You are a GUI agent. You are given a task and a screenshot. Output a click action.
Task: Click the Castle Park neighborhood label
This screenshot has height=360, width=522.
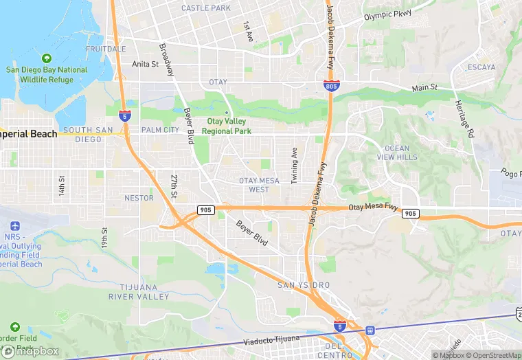205,8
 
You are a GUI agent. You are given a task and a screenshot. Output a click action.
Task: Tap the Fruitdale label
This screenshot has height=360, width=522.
106,49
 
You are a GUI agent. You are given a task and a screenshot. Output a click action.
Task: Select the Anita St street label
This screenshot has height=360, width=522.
145,65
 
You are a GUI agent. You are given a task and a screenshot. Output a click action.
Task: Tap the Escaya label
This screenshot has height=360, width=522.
481,67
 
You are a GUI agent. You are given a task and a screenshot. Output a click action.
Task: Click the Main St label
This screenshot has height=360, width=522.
424,88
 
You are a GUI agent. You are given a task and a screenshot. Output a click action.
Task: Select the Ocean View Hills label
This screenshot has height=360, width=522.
397,153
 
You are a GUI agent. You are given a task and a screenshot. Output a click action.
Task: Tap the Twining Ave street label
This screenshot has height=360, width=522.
295,165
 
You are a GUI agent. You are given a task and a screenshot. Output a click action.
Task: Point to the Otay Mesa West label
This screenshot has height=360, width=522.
258,185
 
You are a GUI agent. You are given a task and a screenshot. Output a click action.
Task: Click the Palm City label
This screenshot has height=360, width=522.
159,130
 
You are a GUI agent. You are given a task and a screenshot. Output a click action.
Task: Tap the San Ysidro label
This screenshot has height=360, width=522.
304,285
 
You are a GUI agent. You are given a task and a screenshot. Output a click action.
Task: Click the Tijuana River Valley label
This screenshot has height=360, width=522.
138,292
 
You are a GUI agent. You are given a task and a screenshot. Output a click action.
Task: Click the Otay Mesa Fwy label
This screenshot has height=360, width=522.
373,207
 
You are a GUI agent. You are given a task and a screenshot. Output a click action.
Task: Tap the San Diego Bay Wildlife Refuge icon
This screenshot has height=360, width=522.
47,59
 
